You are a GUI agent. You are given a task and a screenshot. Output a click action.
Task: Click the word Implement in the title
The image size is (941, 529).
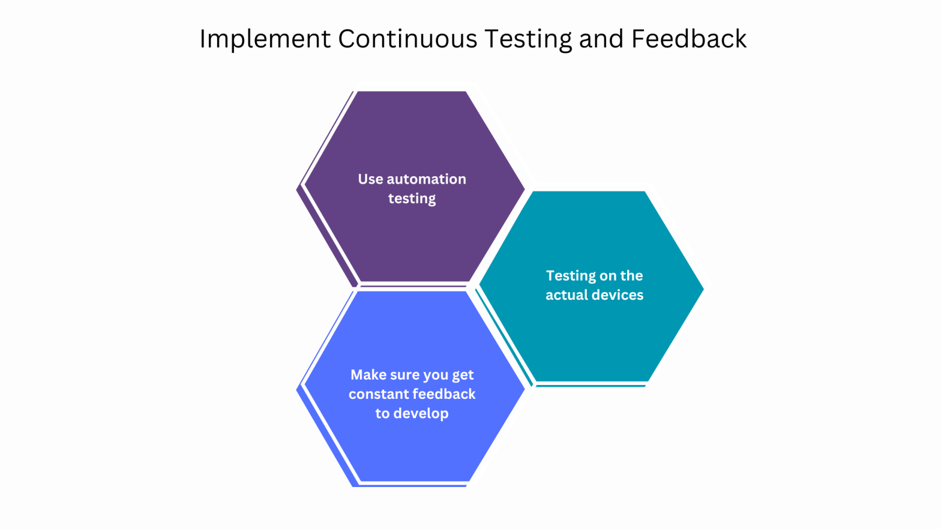(x=265, y=40)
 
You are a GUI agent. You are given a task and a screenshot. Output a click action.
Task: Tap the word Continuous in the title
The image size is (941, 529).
(x=407, y=40)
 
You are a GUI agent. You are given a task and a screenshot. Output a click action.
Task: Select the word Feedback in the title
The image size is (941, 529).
(x=688, y=40)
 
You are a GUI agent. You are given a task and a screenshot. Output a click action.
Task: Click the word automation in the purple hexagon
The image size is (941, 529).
(x=426, y=179)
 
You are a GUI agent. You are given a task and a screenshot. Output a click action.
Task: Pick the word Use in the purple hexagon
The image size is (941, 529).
(x=370, y=179)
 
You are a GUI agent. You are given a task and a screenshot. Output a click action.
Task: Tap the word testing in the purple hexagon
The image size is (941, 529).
(x=412, y=199)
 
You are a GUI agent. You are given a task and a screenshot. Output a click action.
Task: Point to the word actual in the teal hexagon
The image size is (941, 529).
(x=565, y=295)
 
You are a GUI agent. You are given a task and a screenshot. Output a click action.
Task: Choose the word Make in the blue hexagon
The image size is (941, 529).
(x=368, y=375)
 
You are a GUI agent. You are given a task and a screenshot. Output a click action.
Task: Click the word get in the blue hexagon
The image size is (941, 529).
(x=463, y=375)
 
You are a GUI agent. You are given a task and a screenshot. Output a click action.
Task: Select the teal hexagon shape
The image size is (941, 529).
(x=591, y=342)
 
